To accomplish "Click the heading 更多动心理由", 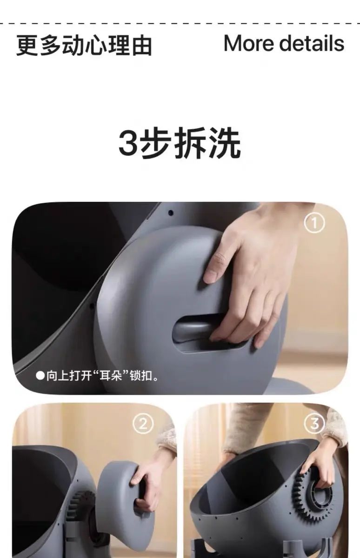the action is pos(84,46).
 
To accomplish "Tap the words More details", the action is pos(284,43).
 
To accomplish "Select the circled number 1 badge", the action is pos(314,223).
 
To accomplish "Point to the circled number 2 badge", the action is pos(143,424).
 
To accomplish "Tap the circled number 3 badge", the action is pos(314,424).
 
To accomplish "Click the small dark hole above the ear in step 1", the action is pos(171,213).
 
